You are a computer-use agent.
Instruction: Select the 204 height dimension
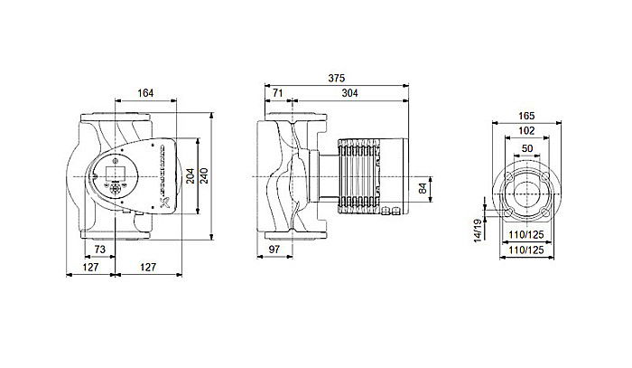point(191,177)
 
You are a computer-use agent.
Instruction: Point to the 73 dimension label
point(100,248)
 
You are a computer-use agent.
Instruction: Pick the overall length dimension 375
point(338,77)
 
